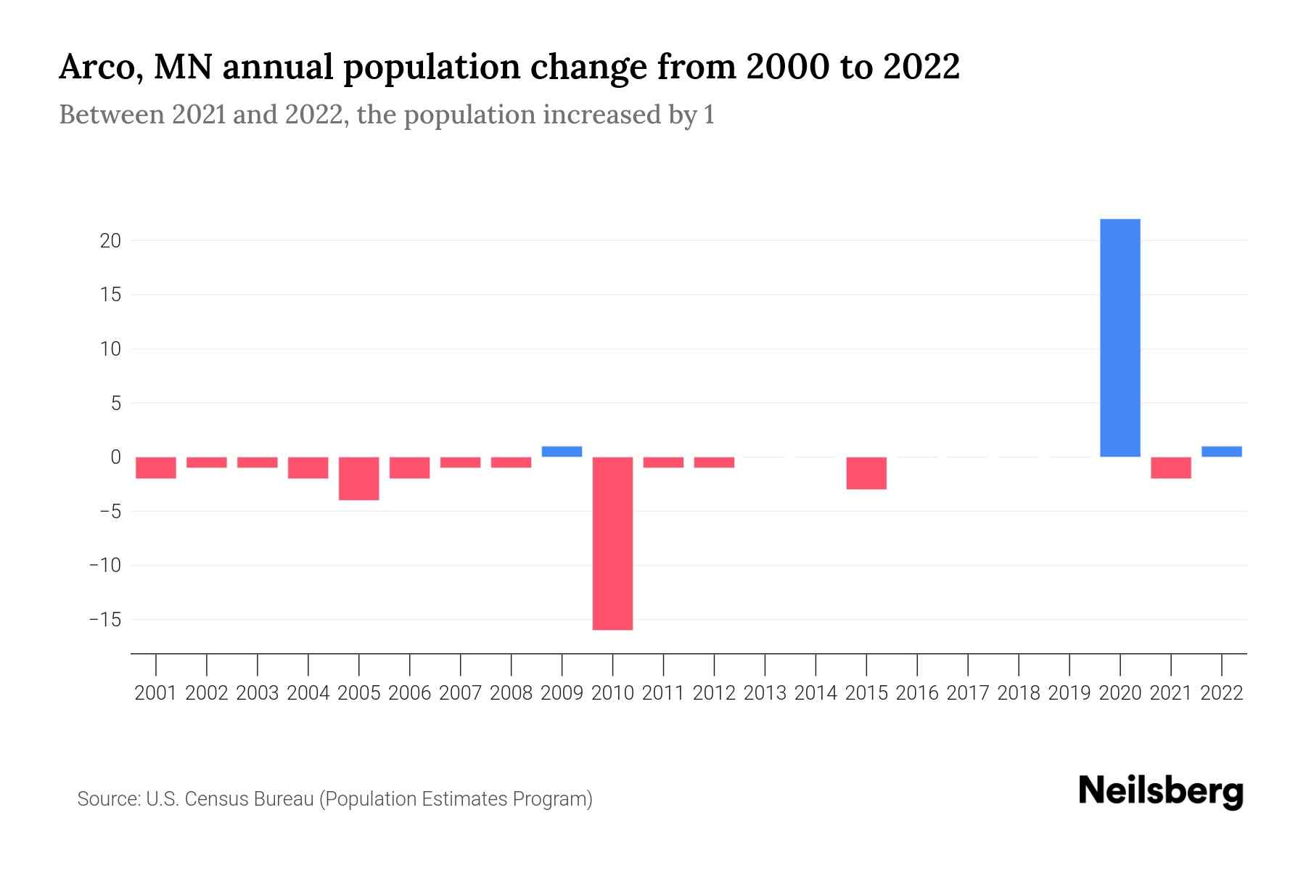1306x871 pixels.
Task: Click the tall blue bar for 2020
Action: pos(1120,338)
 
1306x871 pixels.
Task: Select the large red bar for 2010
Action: pos(612,543)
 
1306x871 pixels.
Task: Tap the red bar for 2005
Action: pos(359,478)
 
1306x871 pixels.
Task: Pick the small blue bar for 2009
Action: pos(562,451)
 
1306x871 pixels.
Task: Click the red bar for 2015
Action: pos(866,473)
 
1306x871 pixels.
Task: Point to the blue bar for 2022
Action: pos(1221,451)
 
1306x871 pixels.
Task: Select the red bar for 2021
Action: pos(1170,468)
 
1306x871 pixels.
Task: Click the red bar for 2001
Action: pos(156,468)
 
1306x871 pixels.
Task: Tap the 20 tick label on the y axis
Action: pos(110,240)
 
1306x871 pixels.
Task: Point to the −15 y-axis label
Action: pos(105,620)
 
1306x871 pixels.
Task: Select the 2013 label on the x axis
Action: pos(765,693)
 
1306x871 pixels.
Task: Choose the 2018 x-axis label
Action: pos(1019,693)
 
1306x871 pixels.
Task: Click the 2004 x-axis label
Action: pos(308,693)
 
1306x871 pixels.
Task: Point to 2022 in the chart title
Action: pos(921,68)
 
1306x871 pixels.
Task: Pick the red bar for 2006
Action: pos(410,468)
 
